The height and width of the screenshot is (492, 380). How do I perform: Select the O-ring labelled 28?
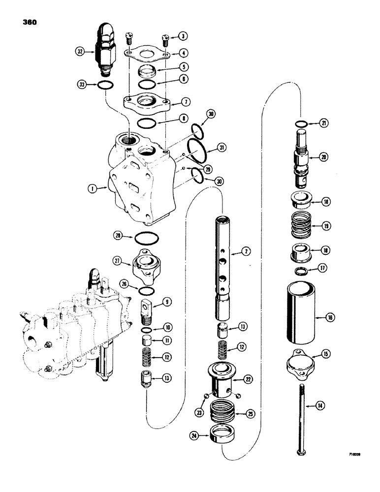pyautogui.click(x=147, y=241)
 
